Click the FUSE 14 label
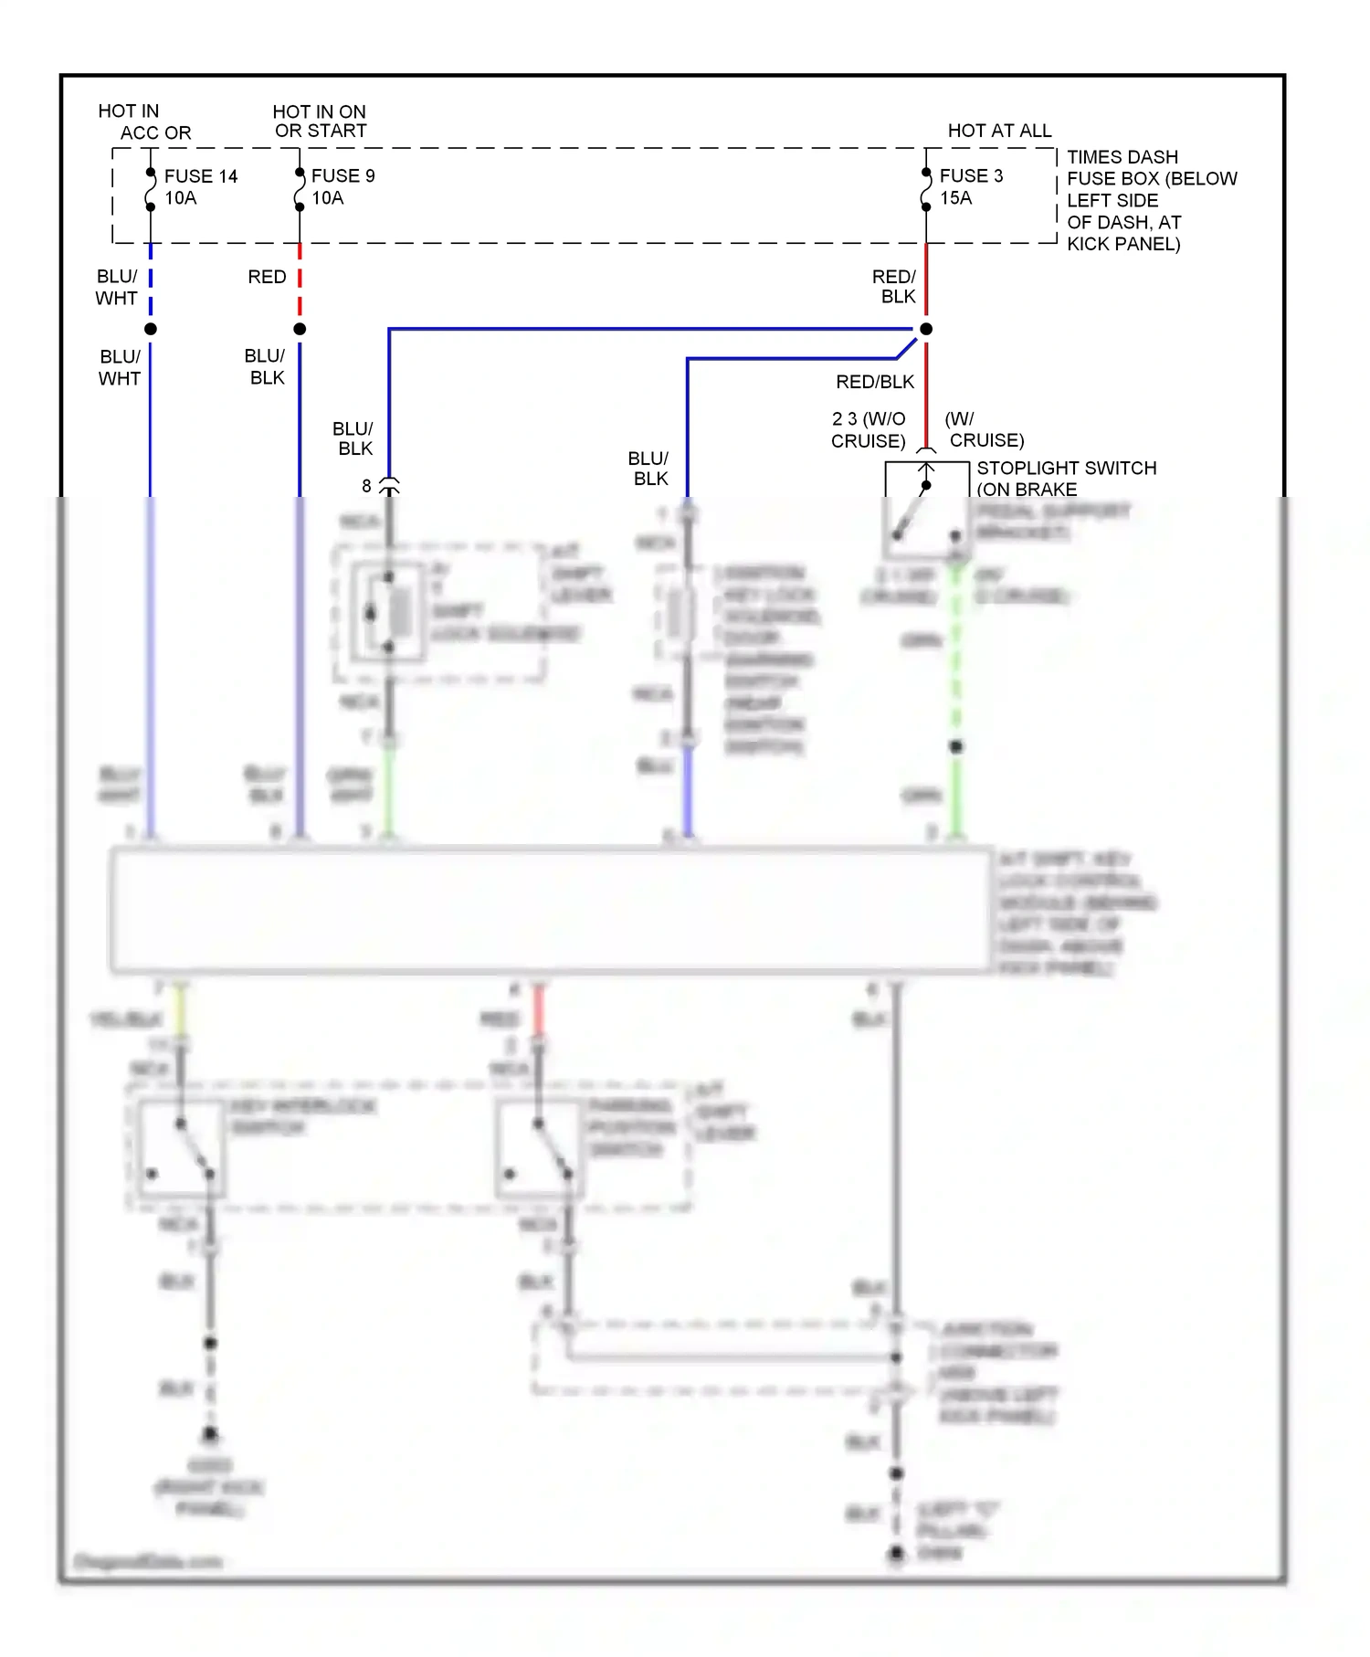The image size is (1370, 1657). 200,176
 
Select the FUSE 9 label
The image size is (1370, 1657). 342,176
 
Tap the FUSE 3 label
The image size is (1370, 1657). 971,176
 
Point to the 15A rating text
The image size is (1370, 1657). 955,198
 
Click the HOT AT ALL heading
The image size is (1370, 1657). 999,131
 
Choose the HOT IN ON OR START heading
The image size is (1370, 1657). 320,121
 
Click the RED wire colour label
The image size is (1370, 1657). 267,277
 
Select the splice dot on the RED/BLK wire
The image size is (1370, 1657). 926,329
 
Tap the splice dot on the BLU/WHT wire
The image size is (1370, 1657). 151,329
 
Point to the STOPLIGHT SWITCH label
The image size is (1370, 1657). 1066,469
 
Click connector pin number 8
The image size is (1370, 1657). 366,486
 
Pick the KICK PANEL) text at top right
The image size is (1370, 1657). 1123,244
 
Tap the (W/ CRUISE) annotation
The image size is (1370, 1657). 984,430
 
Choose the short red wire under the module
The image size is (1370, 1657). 539,1009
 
